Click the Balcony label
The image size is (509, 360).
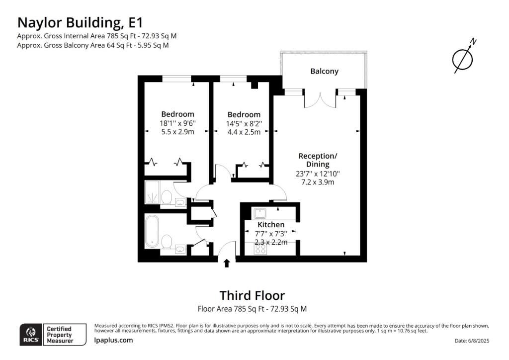coord(324,71)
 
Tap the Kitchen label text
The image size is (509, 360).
coord(271,225)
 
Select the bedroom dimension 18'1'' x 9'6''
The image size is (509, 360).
coord(177,123)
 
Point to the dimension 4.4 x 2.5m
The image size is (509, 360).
coord(244,132)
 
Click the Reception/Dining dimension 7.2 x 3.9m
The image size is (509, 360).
coord(318,182)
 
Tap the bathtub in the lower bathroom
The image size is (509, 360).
coord(152,231)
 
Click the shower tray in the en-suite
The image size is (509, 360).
coord(152,192)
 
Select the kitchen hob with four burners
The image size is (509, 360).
coord(260,249)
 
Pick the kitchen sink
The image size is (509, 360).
coord(260,213)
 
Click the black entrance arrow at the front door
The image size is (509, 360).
coord(227,263)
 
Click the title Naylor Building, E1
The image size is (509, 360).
coord(80,23)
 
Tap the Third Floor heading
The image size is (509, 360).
coord(252,295)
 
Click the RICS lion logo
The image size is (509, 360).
coord(31,335)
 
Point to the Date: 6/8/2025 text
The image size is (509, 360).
coord(472,341)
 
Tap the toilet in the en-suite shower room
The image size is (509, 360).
coord(167,197)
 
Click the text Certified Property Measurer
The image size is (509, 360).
coord(60,335)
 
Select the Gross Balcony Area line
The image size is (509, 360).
coord(93,45)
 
